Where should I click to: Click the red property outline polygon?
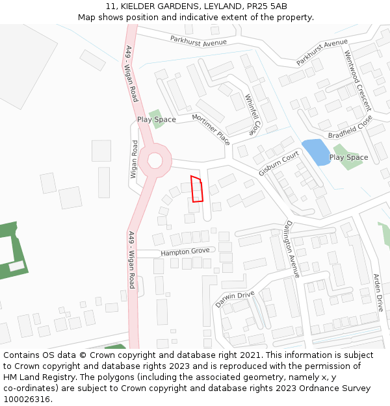(x=197, y=189)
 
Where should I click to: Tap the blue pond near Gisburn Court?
(x=316, y=152)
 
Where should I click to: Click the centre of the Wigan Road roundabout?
(x=155, y=160)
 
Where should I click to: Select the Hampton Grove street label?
(x=185, y=251)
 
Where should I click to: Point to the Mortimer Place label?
(x=211, y=129)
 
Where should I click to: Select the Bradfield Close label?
(x=350, y=127)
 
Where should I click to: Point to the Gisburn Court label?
(x=278, y=164)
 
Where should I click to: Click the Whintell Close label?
(x=252, y=114)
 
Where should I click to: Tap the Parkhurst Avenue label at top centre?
(x=198, y=41)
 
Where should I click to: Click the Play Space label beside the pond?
(x=348, y=157)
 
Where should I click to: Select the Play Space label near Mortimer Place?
(x=156, y=120)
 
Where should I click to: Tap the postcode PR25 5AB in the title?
(x=267, y=6)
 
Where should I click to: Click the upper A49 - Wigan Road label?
(x=132, y=73)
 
